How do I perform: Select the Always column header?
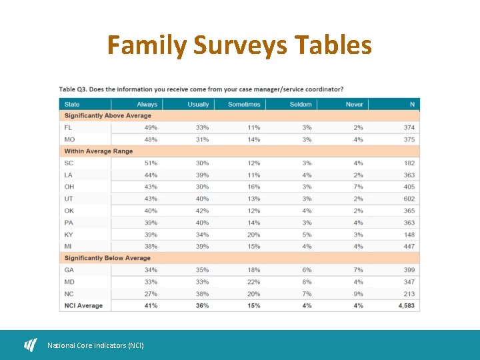pyautogui.click(x=147, y=104)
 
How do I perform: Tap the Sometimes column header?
pyautogui.click(x=244, y=104)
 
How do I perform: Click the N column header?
pyautogui.click(x=412, y=104)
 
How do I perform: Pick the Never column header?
pyautogui.click(x=354, y=104)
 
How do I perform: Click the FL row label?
pyautogui.click(x=69, y=127)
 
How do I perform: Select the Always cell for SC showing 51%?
pyautogui.click(x=151, y=163)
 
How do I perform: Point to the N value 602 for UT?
pyautogui.click(x=409, y=199)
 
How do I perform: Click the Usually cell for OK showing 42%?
pyautogui.click(x=202, y=211)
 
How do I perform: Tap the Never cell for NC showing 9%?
pyautogui.click(x=358, y=294)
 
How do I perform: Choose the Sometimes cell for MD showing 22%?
pyautogui.click(x=253, y=282)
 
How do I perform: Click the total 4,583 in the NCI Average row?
pyautogui.click(x=406, y=306)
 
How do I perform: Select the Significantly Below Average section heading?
pyautogui.click(x=107, y=258)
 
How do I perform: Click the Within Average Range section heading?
pyautogui.click(x=99, y=151)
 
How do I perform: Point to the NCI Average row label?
pyautogui.click(x=83, y=306)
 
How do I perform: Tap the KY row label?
pyautogui.click(x=69, y=235)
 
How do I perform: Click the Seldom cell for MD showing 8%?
pyautogui.click(x=307, y=282)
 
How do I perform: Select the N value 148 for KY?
pyautogui.click(x=409, y=235)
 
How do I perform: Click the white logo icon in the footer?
pyautogui.click(x=31, y=345)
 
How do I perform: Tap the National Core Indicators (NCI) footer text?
pyautogui.click(x=95, y=345)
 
